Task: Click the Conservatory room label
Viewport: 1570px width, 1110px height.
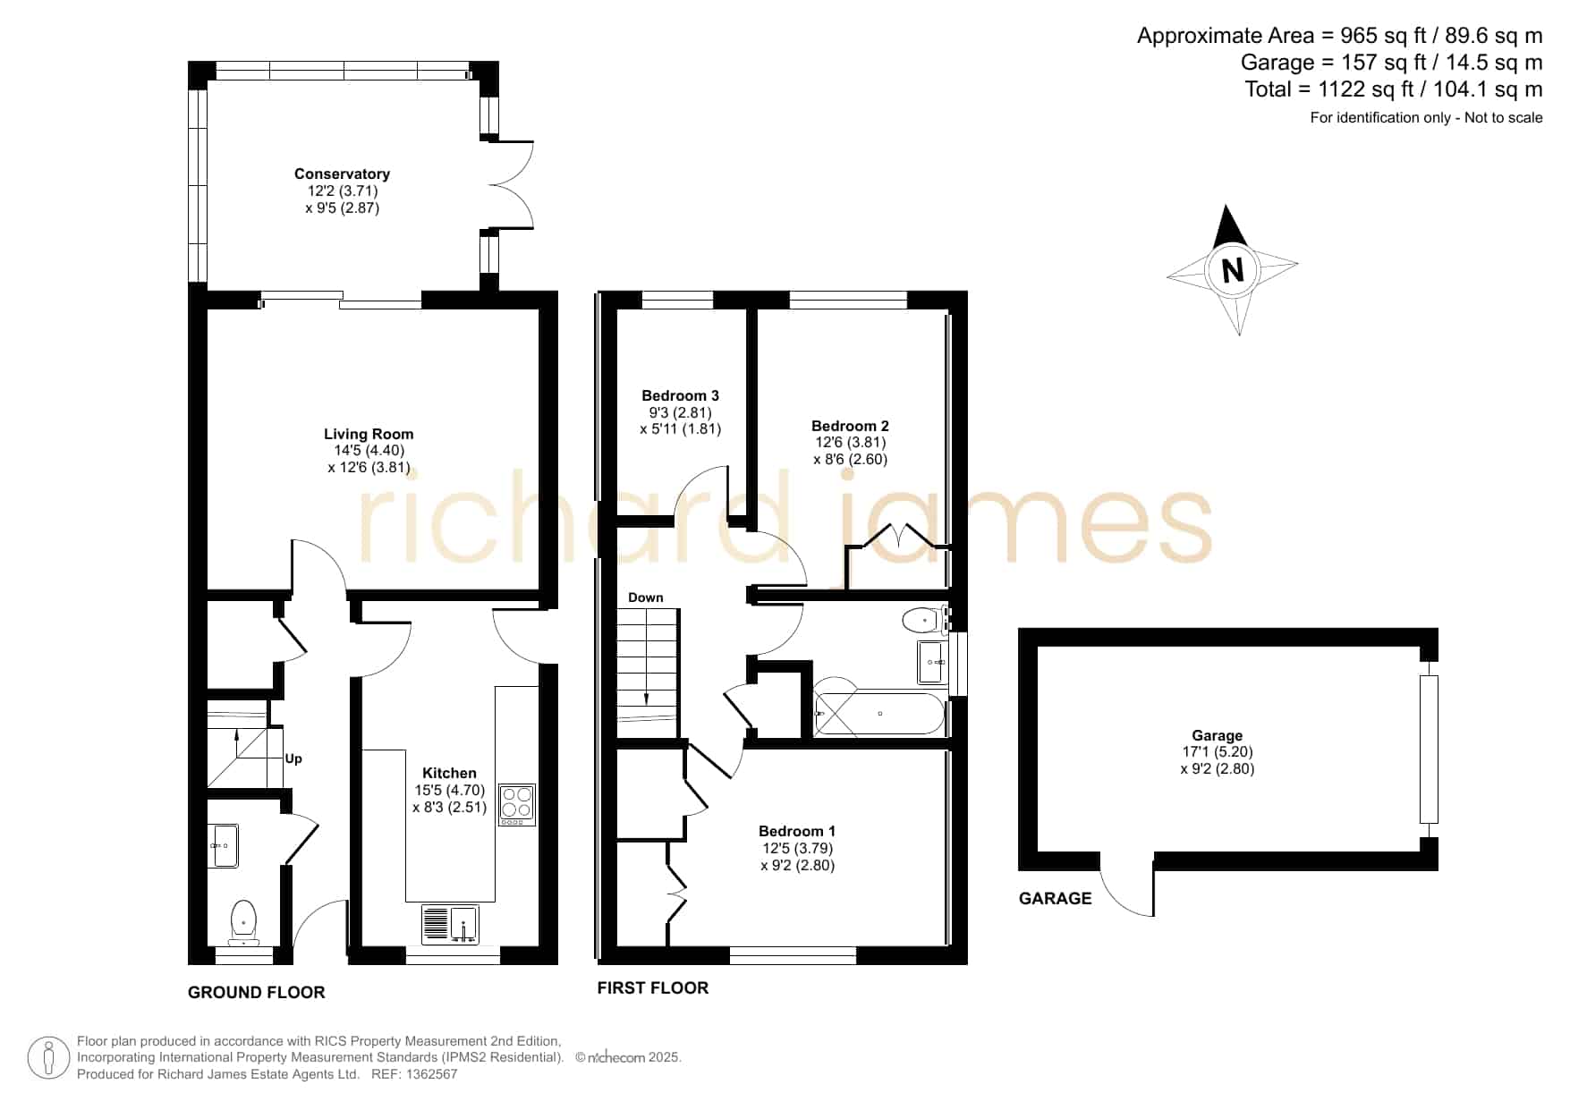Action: click(x=342, y=174)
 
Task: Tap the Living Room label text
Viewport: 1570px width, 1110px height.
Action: click(x=369, y=434)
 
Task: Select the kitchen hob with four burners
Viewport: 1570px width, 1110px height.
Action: click(x=517, y=804)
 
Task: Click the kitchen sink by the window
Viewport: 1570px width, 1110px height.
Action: click(x=450, y=925)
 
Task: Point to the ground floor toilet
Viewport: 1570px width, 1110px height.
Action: click(x=243, y=923)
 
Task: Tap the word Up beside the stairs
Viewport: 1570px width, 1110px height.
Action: click(x=293, y=758)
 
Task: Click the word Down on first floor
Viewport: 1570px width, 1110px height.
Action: click(x=646, y=597)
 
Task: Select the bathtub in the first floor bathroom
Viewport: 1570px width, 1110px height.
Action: click(x=879, y=714)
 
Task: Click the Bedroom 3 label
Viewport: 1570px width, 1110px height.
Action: click(x=680, y=395)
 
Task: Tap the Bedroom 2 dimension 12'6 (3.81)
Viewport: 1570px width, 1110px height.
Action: click(x=850, y=442)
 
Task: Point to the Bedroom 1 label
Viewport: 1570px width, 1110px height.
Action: click(x=797, y=831)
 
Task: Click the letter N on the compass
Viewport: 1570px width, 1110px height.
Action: click(x=1233, y=269)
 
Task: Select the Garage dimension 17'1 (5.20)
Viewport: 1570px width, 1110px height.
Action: click(x=1218, y=752)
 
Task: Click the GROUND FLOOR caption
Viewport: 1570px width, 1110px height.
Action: click(x=257, y=992)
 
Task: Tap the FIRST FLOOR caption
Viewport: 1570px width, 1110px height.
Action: click(x=653, y=987)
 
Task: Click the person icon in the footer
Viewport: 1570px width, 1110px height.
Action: click(x=48, y=1058)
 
